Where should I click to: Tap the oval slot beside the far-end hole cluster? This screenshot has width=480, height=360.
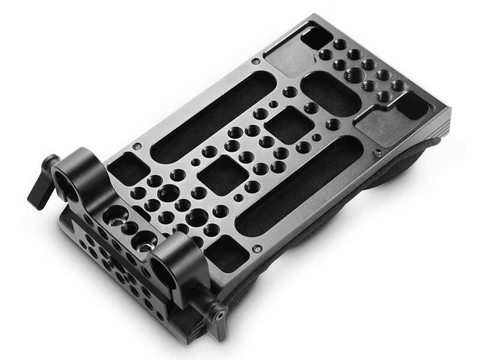click(331, 94)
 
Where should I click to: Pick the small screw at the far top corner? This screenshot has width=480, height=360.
click(256, 61)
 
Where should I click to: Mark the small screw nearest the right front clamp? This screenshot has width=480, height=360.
click(256, 247)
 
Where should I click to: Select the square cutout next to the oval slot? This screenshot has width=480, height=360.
click(289, 125)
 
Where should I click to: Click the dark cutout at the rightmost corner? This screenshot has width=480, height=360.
click(413, 106)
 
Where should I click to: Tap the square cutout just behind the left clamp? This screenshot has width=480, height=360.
click(125, 169)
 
